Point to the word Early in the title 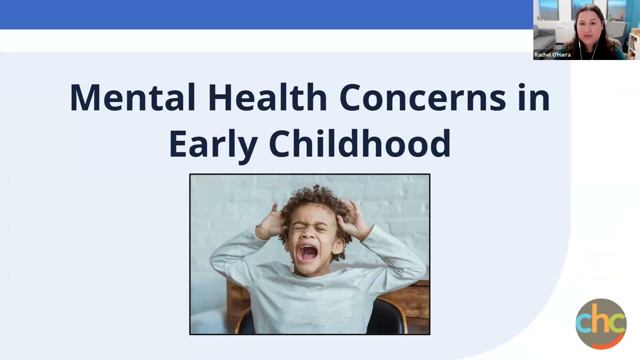pos(212,143)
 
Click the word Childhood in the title pos(359,143)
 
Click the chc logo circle pos(600,323)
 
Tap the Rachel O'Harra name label pos(552,55)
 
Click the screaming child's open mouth pos(308,253)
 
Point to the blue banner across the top pos(265,14)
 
